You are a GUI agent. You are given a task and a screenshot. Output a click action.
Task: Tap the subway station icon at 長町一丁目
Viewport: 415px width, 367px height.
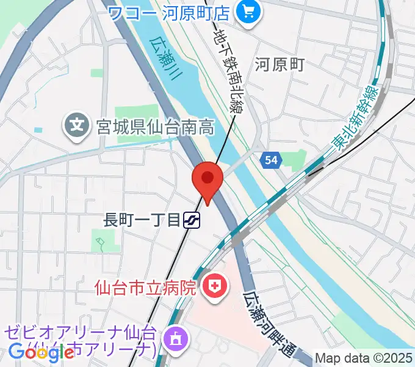193,220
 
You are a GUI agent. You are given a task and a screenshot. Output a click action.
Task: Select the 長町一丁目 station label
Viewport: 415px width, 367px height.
142,220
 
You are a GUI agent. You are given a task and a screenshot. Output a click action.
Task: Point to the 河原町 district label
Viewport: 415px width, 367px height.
280,64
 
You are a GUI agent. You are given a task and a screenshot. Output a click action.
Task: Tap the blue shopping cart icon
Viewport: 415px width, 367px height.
248,11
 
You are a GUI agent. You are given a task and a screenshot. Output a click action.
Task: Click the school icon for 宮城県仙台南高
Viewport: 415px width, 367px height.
77,127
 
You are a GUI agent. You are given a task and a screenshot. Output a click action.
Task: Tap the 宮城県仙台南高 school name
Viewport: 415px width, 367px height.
156,127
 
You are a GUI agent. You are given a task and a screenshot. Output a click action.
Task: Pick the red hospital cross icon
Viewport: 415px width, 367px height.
214,285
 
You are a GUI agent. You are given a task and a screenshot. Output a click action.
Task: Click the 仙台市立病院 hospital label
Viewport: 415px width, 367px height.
146,286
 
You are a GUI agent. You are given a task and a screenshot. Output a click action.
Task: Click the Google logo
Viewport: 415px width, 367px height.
41,352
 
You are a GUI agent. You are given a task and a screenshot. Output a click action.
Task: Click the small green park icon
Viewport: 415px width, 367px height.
99,244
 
